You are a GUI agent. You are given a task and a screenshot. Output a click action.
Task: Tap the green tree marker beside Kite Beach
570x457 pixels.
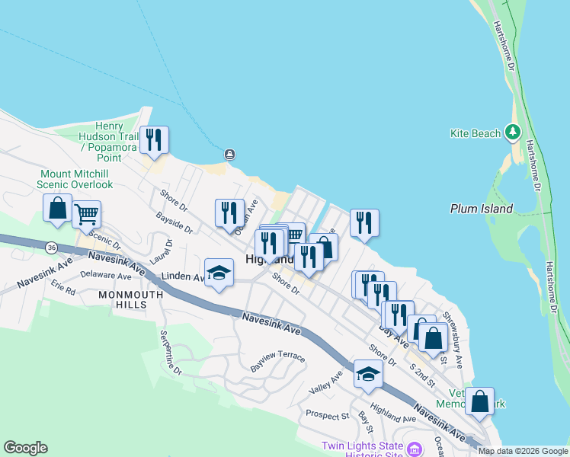(x=515, y=133)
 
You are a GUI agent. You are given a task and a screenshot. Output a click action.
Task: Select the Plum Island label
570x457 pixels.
(x=481, y=209)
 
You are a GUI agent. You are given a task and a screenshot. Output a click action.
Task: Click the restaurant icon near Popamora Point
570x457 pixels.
(x=155, y=140)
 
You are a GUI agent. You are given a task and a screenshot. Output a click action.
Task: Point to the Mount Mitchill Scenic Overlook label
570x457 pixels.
(x=76, y=179)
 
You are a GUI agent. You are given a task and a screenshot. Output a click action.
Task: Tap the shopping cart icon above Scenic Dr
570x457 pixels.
(x=87, y=214)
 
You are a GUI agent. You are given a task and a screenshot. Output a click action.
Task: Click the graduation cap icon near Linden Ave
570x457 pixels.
(x=219, y=273)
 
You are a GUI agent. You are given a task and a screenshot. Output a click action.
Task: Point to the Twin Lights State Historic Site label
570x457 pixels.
(x=363, y=449)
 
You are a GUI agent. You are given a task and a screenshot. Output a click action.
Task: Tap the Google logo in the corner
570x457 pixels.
(x=25, y=448)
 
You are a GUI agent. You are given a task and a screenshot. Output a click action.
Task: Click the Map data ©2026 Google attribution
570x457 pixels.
(x=523, y=451)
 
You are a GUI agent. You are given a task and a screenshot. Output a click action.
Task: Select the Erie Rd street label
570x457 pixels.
(x=63, y=290)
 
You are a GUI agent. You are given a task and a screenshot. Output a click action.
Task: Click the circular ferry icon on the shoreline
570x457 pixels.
(x=229, y=155)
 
